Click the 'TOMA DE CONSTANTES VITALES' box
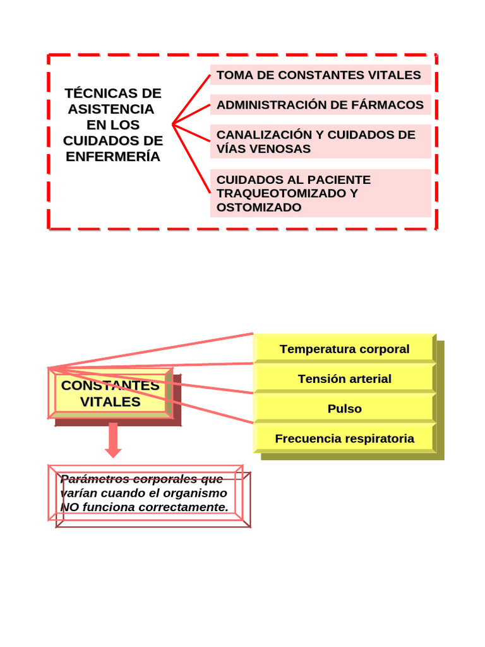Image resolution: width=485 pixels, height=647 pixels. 320,75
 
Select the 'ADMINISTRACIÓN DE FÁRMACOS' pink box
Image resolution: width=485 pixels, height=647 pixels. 320,105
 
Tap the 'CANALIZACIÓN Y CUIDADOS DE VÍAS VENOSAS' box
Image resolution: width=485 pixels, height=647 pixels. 320,142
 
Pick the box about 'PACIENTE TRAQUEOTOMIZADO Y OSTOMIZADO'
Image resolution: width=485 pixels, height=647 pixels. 320,193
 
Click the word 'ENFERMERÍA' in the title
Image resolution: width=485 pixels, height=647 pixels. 113,156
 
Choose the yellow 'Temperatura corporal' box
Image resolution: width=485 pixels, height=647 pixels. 344,349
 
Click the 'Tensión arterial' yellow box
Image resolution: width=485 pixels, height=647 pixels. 344,378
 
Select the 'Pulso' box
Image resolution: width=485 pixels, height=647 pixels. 344,409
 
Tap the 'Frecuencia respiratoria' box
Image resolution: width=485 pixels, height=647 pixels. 344,438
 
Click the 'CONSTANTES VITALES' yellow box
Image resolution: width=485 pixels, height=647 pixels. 110,394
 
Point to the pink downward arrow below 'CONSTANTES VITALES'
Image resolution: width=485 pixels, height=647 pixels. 113,440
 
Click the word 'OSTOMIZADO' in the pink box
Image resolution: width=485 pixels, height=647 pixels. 259,207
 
